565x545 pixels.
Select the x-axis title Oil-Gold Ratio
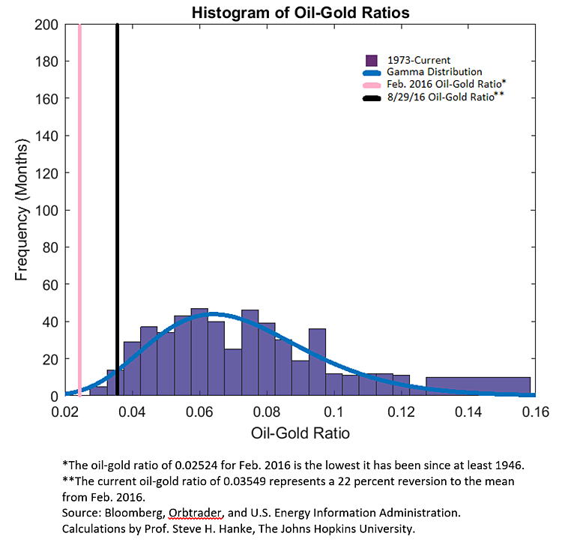[299, 433]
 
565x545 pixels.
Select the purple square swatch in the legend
[369, 59]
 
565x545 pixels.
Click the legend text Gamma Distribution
[429, 72]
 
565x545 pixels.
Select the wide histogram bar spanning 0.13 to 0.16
[477, 386]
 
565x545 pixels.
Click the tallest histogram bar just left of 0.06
[199, 352]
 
